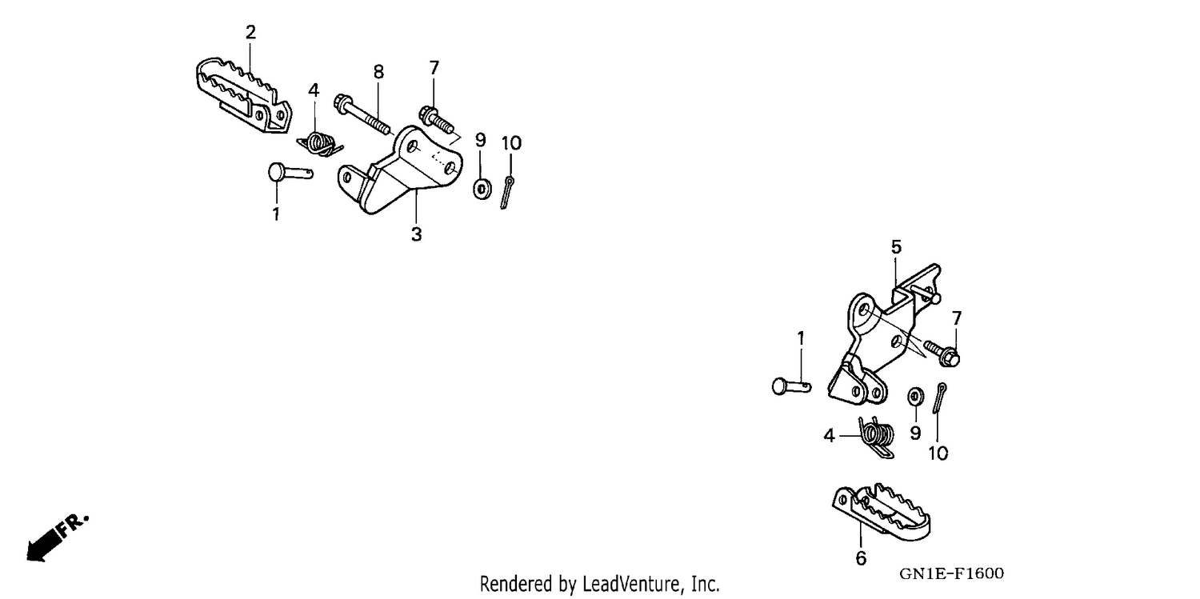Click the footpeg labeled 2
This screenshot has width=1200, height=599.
[244, 96]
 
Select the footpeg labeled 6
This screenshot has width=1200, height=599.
[882, 512]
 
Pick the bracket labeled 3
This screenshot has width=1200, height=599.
[399, 170]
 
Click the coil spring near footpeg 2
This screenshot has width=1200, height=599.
[320, 143]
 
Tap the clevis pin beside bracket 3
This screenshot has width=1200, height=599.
[290, 173]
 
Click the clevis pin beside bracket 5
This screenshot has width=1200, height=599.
[791, 385]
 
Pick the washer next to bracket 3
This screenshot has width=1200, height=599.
[482, 189]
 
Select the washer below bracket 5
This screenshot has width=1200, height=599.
[915, 397]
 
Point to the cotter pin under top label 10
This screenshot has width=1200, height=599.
[507, 192]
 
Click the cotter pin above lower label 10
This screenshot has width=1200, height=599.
[939, 397]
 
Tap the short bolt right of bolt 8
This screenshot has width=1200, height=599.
[437, 120]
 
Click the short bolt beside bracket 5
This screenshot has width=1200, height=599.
[942, 353]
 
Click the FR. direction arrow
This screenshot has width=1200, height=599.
[56, 537]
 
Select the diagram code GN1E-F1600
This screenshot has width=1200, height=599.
[951, 573]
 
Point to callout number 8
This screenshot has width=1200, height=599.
[378, 72]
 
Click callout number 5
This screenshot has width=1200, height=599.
[896, 247]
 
